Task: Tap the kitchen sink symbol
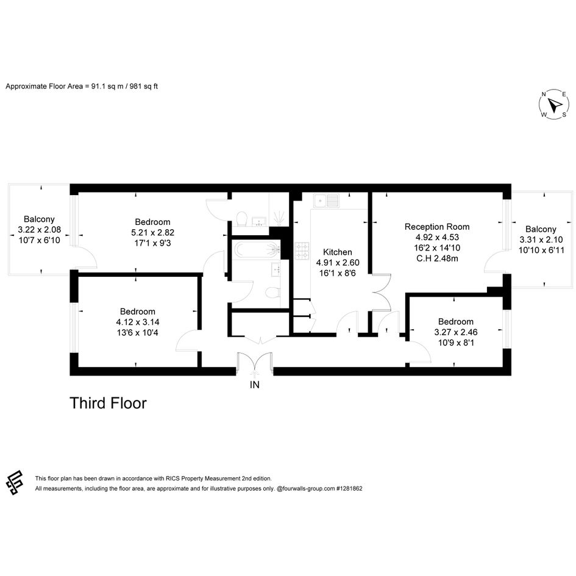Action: point(326,201)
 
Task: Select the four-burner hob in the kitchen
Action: point(302,251)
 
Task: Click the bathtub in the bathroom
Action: point(257,250)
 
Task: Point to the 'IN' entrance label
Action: point(255,385)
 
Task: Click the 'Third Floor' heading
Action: point(108,403)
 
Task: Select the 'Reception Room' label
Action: point(437,227)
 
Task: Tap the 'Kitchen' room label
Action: point(337,252)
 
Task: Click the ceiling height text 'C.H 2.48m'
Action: point(437,258)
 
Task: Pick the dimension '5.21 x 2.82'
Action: point(152,232)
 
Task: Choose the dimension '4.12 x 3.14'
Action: point(137,322)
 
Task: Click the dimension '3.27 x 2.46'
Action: point(455,332)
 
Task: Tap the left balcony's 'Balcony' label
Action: point(39,219)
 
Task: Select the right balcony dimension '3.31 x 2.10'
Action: point(541,240)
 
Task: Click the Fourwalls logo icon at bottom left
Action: point(15,483)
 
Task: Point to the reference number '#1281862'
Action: point(349,489)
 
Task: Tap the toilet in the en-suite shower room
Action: point(242,218)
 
